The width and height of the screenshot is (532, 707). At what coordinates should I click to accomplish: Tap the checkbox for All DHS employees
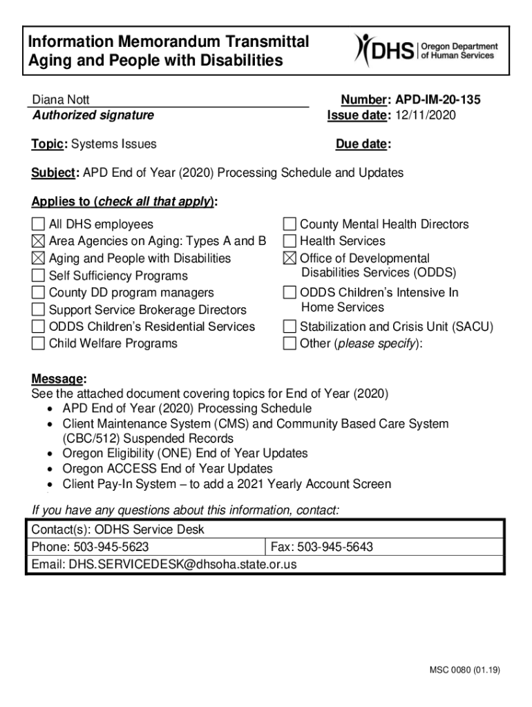(x=38, y=224)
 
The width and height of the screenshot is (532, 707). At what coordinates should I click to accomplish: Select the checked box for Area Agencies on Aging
(x=38, y=242)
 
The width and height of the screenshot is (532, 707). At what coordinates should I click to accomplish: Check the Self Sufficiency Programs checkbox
(x=38, y=275)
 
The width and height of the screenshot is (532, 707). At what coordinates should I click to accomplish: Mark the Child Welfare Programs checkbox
(x=38, y=344)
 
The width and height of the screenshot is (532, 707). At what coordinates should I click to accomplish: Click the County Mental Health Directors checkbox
(x=289, y=224)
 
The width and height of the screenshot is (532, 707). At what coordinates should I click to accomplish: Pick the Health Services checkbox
(x=289, y=242)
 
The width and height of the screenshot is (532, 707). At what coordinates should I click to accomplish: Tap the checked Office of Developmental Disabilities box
(x=289, y=259)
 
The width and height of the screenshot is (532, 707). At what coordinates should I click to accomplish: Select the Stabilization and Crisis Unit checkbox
(x=289, y=327)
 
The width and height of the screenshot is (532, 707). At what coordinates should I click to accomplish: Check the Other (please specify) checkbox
(x=289, y=344)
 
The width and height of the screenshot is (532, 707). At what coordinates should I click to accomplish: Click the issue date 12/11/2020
(x=426, y=115)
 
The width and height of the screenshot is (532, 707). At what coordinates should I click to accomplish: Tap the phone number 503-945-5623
(x=111, y=548)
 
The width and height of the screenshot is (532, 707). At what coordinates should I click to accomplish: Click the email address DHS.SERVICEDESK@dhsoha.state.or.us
(x=182, y=564)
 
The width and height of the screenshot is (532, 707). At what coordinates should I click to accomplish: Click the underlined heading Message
(x=58, y=379)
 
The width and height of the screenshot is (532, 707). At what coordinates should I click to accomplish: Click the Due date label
(x=361, y=144)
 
